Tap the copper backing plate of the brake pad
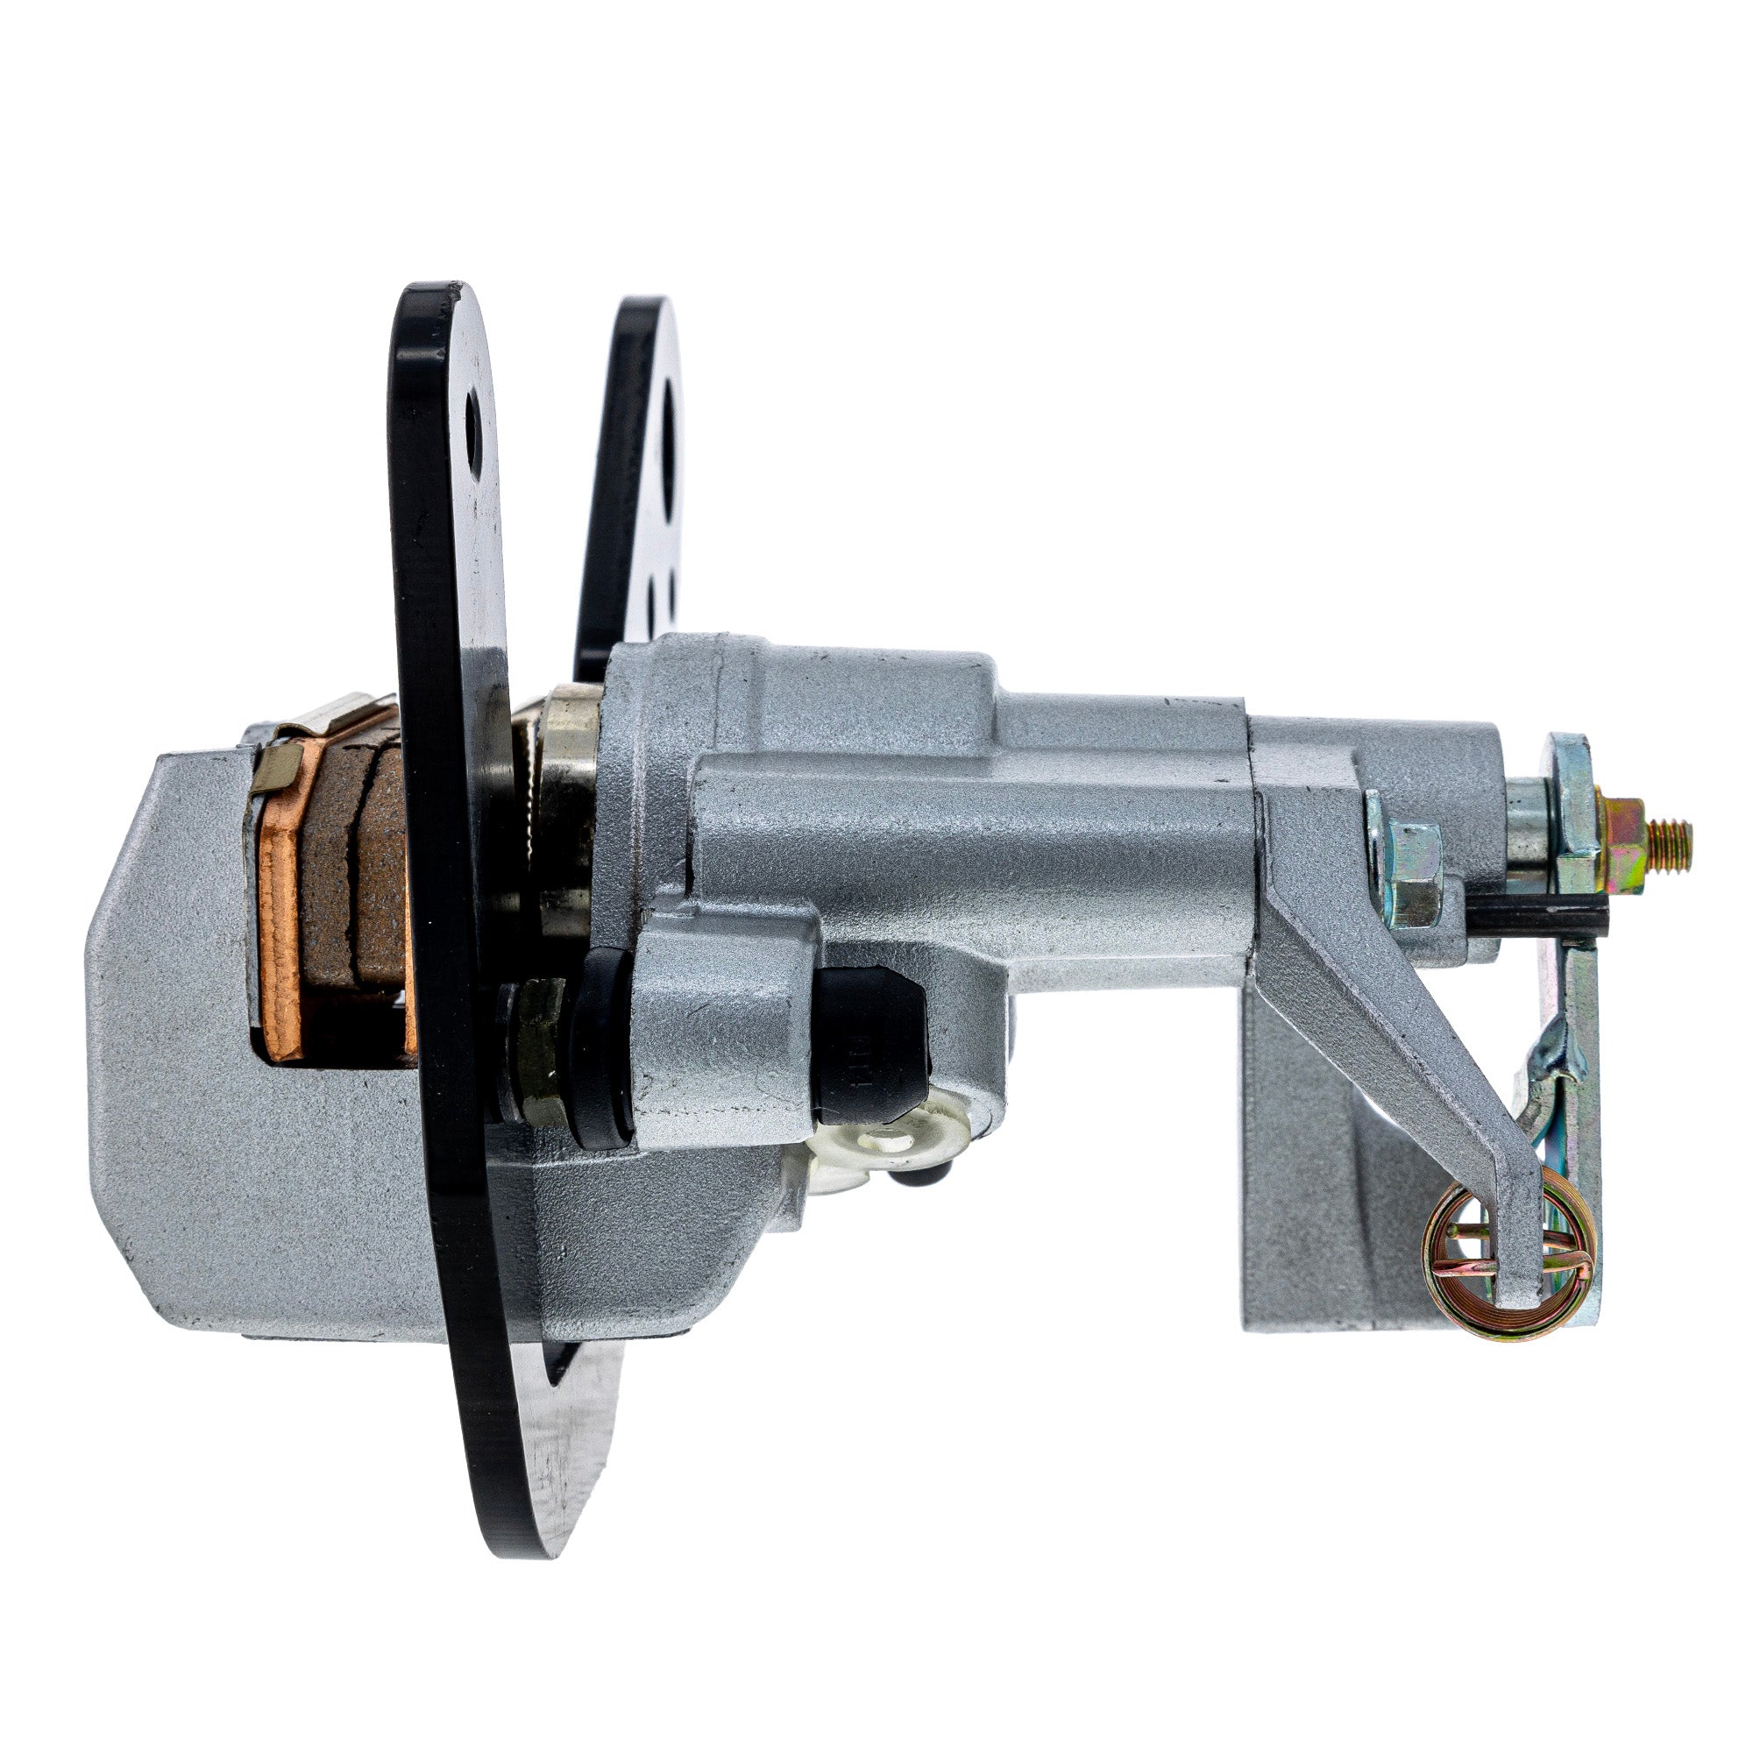point(283,917)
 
